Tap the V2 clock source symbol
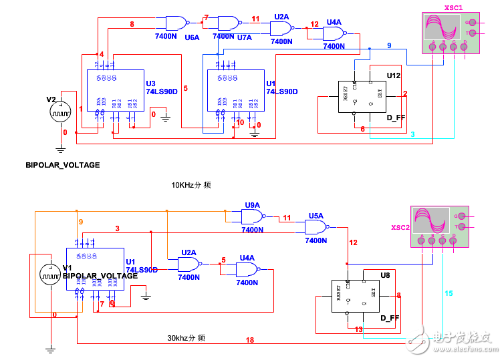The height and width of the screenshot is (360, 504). [61, 111]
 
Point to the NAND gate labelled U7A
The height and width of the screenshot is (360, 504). [229, 24]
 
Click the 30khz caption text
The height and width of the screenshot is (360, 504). [186, 339]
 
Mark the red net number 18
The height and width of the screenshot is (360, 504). [249, 340]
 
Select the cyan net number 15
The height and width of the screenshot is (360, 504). [449, 293]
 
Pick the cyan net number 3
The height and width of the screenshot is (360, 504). [412, 134]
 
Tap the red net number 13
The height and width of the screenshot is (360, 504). [359, 329]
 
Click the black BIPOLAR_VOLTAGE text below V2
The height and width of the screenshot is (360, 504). [62, 164]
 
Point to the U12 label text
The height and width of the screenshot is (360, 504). [393, 75]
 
